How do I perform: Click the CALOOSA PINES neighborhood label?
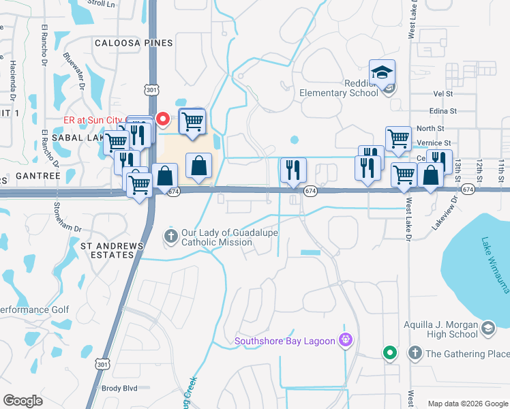(x=134, y=43)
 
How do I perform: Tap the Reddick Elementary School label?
(x=339, y=88)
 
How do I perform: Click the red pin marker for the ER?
(x=163, y=119)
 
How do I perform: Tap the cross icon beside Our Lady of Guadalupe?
(x=170, y=236)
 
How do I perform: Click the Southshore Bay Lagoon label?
(x=286, y=341)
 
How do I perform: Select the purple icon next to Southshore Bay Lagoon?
(x=346, y=339)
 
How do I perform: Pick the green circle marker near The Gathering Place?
(x=389, y=352)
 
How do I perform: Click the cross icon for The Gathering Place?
(x=415, y=353)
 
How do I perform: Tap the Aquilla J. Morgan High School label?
(x=440, y=330)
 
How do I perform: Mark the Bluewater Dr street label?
(x=74, y=72)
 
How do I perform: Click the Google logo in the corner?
(x=23, y=400)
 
